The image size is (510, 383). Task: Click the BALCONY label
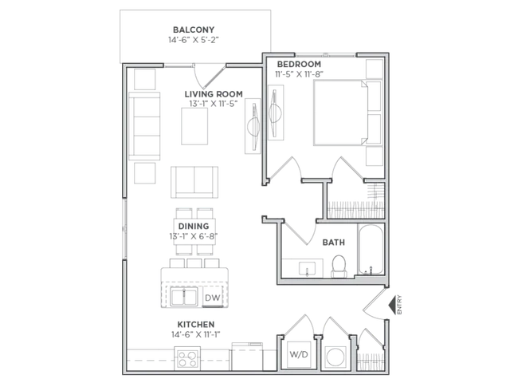(194, 30)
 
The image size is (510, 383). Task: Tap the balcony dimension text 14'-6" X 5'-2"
(194, 40)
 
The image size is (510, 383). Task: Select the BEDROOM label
(299, 64)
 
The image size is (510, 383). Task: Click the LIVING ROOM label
(214, 94)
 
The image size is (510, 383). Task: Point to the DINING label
(194, 226)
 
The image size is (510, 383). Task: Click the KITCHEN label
(196, 325)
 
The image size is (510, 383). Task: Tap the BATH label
(334, 243)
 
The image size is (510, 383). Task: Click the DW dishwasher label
(213, 298)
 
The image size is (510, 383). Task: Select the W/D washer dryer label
(299, 354)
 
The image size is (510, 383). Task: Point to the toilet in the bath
(339, 267)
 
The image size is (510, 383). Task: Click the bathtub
(371, 249)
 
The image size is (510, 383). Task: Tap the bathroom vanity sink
(307, 269)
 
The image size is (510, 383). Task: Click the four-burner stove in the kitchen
(187, 358)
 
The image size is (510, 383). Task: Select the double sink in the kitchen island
(184, 298)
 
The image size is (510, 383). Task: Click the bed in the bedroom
(340, 113)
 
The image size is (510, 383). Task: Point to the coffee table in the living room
(194, 126)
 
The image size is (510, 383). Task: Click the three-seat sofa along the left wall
(144, 126)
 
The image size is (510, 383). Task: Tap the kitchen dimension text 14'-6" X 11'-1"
(196, 334)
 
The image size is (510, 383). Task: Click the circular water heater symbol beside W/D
(335, 357)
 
